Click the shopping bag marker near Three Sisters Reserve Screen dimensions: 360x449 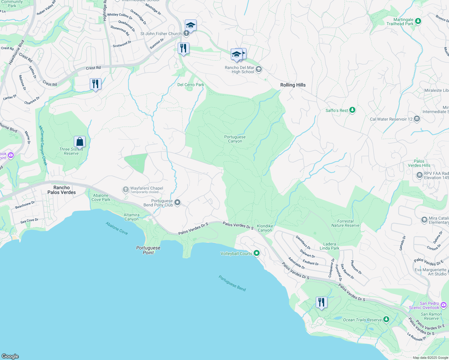(80, 141)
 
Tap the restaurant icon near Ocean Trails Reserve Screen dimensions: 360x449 (321, 302)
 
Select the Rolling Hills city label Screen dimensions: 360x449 (293, 85)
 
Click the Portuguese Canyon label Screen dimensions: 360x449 (235, 139)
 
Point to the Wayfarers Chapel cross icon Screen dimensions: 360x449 (125, 190)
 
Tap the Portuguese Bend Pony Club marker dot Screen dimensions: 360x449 (177, 202)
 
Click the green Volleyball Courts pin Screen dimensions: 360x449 (256, 253)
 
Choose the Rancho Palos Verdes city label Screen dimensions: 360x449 (62, 190)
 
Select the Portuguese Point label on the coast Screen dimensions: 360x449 (148, 250)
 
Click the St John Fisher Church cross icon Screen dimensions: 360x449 (186, 33)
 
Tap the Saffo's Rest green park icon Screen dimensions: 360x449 (352, 110)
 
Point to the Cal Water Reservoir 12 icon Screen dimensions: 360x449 (417, 119)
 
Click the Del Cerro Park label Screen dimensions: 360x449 (191, 85)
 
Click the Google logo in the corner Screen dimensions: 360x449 (10, 356)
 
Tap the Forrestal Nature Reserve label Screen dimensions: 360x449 (345, 223)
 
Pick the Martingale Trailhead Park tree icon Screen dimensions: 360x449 (418, 21)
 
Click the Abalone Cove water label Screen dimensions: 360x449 (116, 228)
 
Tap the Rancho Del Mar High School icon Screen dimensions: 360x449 (259, 69)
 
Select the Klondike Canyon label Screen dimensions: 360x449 (265, 228)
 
